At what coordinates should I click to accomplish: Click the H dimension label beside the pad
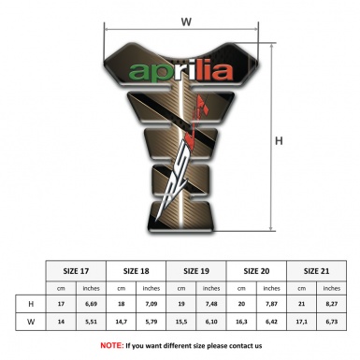coord(279,141)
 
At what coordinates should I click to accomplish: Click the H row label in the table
coord(31,304)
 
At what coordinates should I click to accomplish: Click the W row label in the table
coord(31,323)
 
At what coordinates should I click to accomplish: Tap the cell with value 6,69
coord(92,304)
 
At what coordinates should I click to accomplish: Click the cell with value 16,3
coord(242,323)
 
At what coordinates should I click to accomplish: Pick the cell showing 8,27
coord(332,304)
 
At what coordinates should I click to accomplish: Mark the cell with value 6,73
coord(332,323)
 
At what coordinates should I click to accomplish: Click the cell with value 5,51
coord(92,323)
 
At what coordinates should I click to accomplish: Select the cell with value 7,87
coord(272,304)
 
